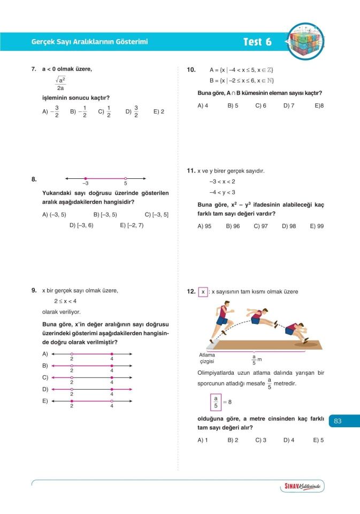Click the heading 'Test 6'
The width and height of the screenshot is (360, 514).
(x=257, y=42)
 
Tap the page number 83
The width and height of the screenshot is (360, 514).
(x=338, y=421)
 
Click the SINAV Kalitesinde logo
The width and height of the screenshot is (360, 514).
(x=302, y=486)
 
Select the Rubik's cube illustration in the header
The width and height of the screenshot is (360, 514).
(x=305, y=42)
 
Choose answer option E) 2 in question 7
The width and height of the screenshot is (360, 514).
(x=159, y=112)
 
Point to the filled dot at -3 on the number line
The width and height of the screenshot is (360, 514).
(x=86, y=178)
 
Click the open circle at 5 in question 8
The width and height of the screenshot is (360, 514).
(x=126, y=178)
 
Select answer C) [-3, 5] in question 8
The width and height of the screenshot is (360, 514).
(x=156, y=215)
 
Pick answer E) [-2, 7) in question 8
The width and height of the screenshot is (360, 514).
(x=132, y=225)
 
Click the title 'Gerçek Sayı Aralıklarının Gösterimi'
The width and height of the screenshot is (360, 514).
(x=89, y=42)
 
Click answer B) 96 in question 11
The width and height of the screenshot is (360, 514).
(x=233, y=226)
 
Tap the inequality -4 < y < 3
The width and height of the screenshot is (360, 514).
(x=222, y=192)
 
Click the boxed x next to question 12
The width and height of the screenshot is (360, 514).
(x=203, y=292)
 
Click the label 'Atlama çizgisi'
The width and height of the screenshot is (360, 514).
(x=207, y=358)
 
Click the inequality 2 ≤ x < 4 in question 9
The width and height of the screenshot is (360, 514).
(x=65, y=301)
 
